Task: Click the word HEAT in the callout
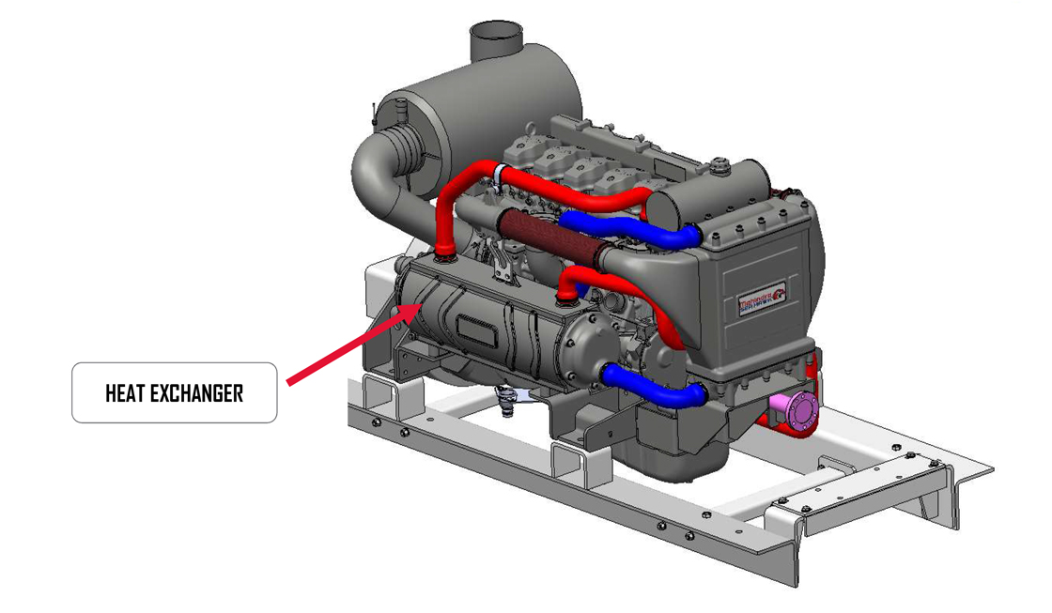pyautogui.click(x=124, y=392)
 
